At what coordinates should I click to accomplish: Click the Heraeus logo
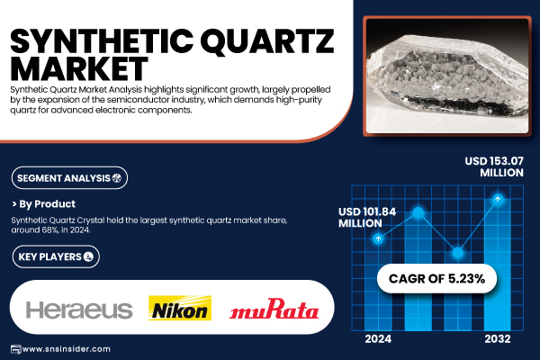79,310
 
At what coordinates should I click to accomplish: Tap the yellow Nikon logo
180,308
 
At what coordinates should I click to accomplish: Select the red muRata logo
274,309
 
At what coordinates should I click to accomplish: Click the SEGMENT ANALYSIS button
69,178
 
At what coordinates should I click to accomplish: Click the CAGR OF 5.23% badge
436,278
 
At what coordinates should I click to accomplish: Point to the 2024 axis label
378,339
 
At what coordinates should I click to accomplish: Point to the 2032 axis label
498,339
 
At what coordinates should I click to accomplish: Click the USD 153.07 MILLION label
494,166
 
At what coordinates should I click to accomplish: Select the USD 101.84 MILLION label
367,218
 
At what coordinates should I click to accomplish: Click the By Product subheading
44,204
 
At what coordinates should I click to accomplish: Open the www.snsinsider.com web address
67,349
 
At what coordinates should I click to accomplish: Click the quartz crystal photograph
447,76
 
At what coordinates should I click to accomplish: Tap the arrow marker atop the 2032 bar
498,199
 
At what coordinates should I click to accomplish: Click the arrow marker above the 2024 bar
378,238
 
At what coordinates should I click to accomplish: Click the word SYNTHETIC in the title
102,41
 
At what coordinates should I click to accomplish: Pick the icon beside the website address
16,349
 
